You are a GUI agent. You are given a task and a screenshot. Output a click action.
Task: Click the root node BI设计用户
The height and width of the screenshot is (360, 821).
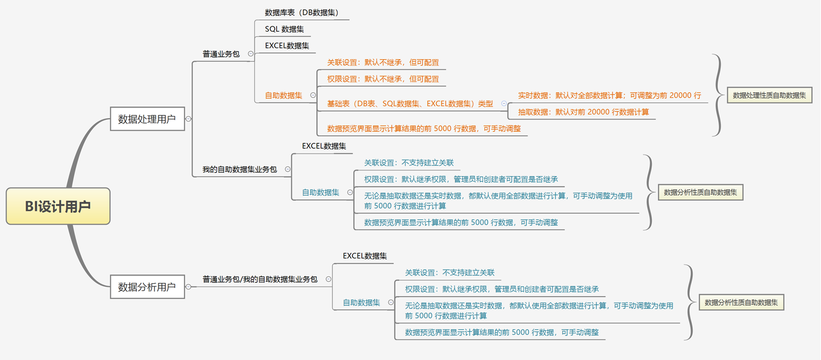[x=58, y=206]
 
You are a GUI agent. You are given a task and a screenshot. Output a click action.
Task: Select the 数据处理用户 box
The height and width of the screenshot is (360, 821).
[x=147, y=119]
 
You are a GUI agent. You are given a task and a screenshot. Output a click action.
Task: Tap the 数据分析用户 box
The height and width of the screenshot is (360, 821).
[x=147, y=287]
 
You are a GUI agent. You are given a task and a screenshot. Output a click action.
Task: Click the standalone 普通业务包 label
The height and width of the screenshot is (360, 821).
[x=221, y=54]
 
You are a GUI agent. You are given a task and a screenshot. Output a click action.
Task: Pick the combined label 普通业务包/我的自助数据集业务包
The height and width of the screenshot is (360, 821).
[x=260, y=279]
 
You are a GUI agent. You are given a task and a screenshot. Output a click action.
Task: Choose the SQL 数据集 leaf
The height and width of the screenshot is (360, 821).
[x=285, y=29]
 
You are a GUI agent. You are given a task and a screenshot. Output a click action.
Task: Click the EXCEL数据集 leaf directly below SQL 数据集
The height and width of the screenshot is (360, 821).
[x=287, y=45]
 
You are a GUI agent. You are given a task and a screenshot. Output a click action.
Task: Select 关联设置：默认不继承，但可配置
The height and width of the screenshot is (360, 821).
[x=383, y=62]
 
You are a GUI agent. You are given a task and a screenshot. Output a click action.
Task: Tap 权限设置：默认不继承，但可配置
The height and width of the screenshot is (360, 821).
[x=383, y=79]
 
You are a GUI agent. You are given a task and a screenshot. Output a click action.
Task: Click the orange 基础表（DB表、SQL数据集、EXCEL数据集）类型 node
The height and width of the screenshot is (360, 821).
[x=410, y=103]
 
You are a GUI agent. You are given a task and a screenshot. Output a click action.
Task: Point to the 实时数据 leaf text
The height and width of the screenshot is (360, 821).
[x=609, y=95]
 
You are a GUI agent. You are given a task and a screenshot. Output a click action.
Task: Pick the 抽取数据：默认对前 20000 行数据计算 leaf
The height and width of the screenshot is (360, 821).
[x=583, y=112]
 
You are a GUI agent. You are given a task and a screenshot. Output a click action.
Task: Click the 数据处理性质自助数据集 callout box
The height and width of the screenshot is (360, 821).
[x=769, y=95]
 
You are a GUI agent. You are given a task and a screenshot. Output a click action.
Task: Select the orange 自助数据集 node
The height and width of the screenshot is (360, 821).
[x=284, y=95]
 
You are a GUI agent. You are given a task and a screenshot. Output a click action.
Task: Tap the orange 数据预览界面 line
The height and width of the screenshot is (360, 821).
[x=424, y=129]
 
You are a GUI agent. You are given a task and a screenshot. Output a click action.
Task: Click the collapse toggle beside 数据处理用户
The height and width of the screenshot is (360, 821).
[x=188, y=119]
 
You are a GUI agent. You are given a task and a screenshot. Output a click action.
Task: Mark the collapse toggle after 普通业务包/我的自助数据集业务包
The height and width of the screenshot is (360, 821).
[x=328, y=279]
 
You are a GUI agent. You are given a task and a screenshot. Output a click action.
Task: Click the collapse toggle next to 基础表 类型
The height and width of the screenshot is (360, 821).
[x=504, y=103]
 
